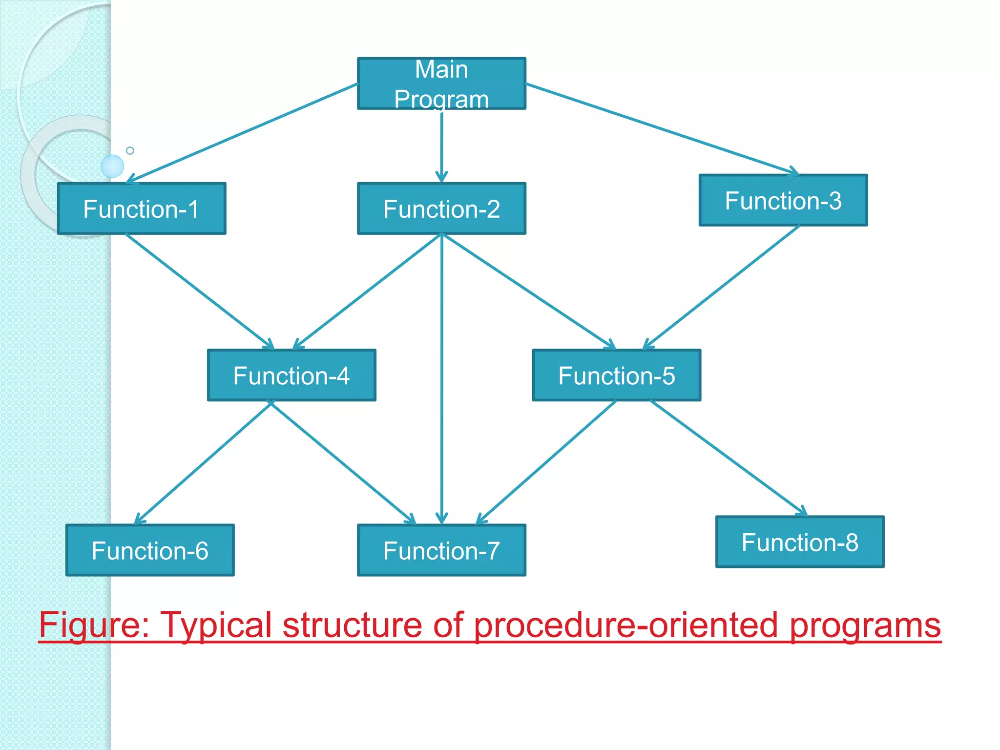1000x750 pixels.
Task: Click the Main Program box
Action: coord(441,83)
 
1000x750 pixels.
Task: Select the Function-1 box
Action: coord(142,208)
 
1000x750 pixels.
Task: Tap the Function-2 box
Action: coord(441,208)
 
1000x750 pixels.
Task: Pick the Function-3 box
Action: coord(783,200)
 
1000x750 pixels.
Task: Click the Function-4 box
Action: coord(292,375)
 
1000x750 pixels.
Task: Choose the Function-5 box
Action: coord(616,375)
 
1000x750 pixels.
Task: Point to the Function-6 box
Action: coord(150,550)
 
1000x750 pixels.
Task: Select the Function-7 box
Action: coord(441,550)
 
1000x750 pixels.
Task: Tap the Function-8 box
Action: coord(800,542)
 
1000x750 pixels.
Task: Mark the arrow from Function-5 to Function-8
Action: coord(728,458)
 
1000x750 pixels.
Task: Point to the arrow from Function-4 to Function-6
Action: coord(203,462)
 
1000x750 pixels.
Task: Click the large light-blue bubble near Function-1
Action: coord(112,166)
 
